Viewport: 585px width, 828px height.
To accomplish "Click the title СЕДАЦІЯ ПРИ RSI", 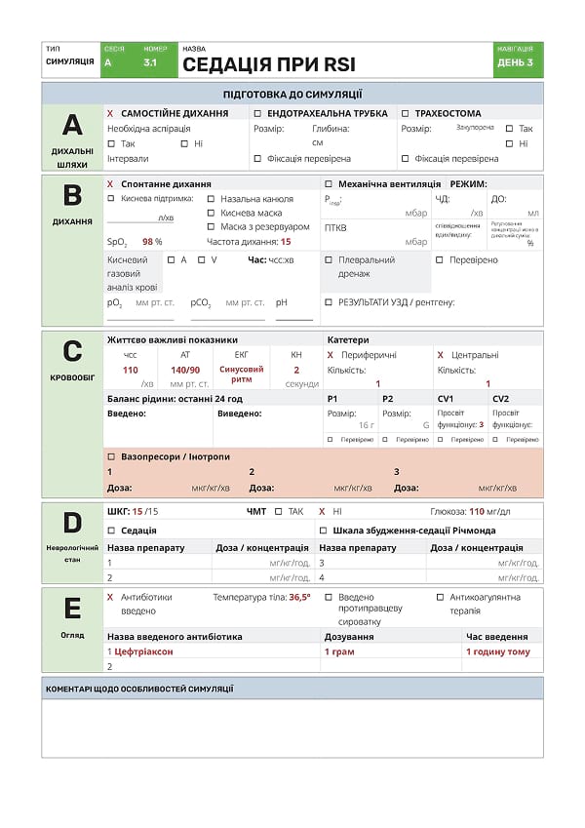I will [x=268, y=65].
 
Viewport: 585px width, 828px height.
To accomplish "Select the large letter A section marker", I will [x=72, y=125].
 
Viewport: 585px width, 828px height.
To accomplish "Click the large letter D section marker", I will [x=72, y=524].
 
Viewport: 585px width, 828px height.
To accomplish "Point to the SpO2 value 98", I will [x=149, y=241].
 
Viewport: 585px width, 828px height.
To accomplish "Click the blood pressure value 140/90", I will [x=185, y=370].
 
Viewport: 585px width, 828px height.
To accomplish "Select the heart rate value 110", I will [x=131, y=370].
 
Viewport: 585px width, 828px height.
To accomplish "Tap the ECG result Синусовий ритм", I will [x=242, y=375].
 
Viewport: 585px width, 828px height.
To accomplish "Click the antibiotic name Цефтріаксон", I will [x=146, y=651].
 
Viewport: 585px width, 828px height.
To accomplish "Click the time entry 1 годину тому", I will [x=497, y=651].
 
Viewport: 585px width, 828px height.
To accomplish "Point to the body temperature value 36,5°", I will [x=299, y=597].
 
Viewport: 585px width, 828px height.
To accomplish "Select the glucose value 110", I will [x=477, y=511].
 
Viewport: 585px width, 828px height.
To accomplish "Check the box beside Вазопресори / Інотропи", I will [x=110, y=456].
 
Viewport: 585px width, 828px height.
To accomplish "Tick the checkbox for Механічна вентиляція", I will [x=328, y=183].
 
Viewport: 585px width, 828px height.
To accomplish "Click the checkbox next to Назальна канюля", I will [x=211, y=199].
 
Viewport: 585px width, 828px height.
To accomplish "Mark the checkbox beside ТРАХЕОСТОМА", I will [x=405, y=113].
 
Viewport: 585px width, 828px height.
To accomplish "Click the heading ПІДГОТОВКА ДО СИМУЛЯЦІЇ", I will [x=292, y=95].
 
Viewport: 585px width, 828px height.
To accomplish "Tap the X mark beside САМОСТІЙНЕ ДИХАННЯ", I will [x=110, y=113].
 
